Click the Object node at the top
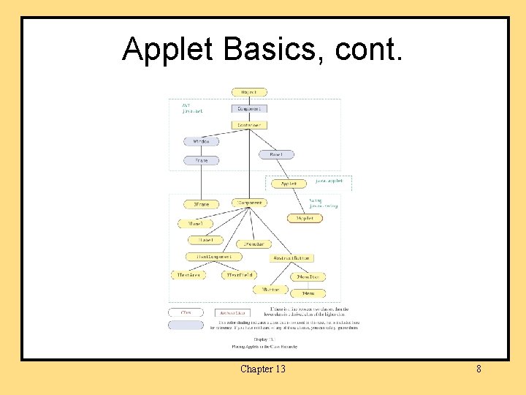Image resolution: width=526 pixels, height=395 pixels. coord(249,93)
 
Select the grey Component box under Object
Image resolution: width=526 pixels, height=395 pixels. coord(249,109)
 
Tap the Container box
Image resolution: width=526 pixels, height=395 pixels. coord(249,125)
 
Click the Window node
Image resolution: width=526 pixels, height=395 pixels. coord(202,141)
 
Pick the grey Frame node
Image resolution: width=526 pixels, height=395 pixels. coord(202,160)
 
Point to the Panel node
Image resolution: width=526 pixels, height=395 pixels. coord(277,154)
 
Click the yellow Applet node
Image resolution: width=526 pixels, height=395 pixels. coord(289,184)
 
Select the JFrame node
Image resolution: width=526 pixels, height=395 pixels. coord(202,204)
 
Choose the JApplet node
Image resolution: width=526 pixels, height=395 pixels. coord(305,218)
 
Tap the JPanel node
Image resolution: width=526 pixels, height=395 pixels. coord(196,224)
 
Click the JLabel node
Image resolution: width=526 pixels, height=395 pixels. coord(206,240)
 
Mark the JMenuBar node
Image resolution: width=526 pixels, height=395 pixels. coord(253,244)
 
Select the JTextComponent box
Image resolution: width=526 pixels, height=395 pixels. coord(214,257)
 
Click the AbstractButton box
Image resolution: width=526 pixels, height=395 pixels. coord(292,258)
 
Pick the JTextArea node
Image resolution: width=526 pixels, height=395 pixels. coord(188,275)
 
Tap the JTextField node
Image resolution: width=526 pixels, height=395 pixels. coord(240,275)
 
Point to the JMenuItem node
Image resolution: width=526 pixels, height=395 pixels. coord(308,277)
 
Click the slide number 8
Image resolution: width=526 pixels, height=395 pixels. coord(479,369)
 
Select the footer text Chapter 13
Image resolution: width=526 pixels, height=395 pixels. coord(263,369)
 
